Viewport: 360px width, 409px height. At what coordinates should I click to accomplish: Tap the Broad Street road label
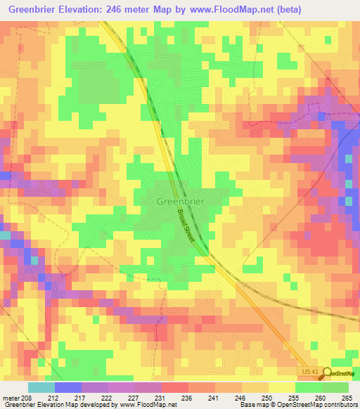(185, 224)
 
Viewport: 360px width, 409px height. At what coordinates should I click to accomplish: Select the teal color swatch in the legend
(41, 388)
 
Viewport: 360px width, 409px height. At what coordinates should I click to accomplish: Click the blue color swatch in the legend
(68, 388)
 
